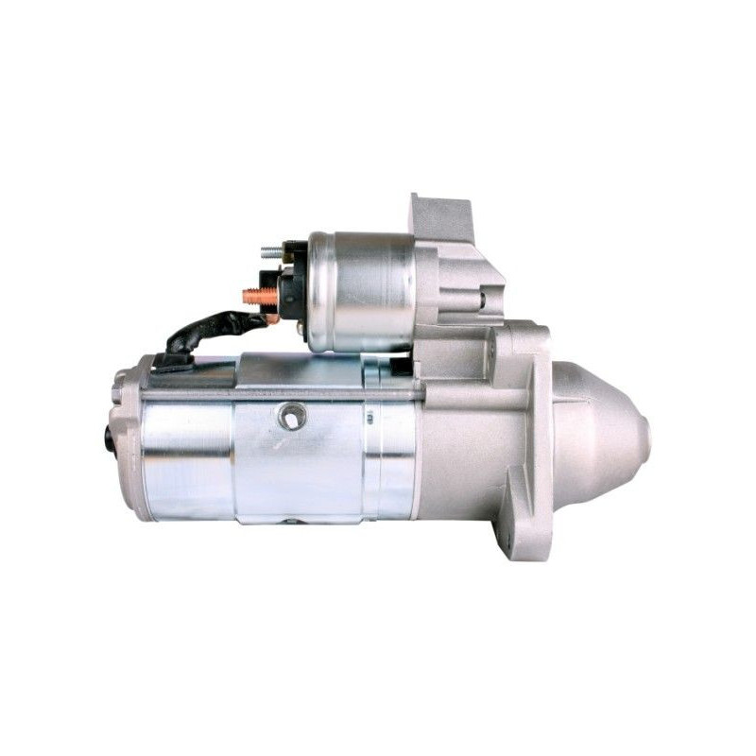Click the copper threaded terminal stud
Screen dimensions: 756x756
tap(258, 296)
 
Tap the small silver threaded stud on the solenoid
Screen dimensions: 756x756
tap(271, 252)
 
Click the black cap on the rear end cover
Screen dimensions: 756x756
tap(111, 439)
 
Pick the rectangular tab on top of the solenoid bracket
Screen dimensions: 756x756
tap(439, 215)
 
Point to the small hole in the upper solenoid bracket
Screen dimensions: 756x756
tap(481, 301)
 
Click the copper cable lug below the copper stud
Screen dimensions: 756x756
tap(272, 318)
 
